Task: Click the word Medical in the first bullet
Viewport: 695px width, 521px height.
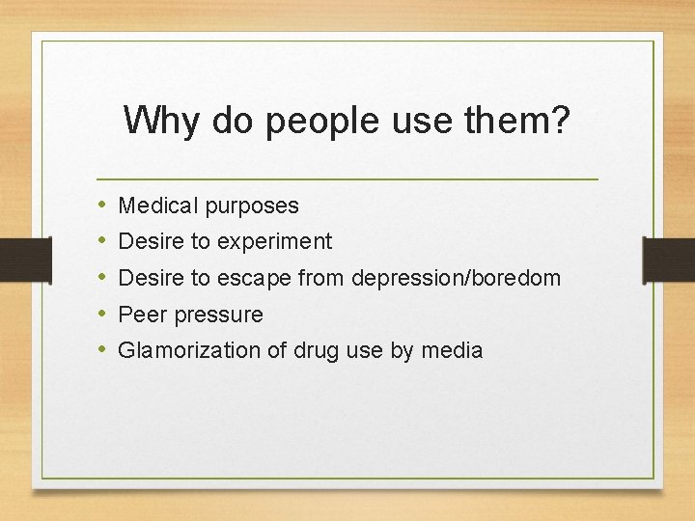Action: click(x=156, y=206)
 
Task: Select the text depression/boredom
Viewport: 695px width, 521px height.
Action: click(x=457, y=279)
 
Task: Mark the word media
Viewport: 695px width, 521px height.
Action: click(x=451, y=350)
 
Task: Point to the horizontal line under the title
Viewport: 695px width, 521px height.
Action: click(x=347, y=179)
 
